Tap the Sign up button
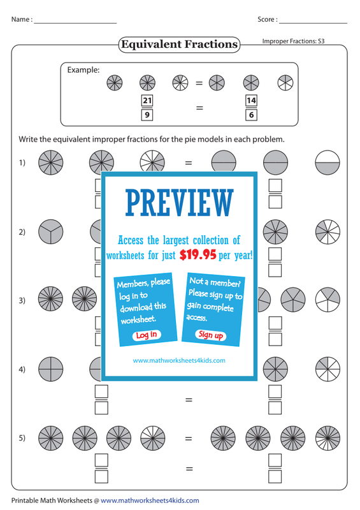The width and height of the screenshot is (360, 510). click(x=211, y=335)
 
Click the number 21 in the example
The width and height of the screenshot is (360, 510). click(x=147, y=100)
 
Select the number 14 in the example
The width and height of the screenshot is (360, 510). click(x=251, y=100)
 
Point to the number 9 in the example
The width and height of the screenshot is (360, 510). click(x=147, y=115)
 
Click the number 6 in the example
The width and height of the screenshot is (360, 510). click(x=251, y=115)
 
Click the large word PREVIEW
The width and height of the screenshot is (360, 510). click(x=180, y=203)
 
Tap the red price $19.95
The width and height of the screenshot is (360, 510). click(x=198, y=255)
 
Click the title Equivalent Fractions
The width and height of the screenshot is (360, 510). click(x=179, y=44)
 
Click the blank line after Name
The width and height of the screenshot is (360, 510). click(x=75, y=23)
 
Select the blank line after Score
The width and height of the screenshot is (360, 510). click(x=313, y=23)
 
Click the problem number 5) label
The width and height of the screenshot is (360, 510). click(x=22, y=438)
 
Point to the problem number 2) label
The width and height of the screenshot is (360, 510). click(x=22, y=232)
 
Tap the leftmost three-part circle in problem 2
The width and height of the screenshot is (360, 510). click(x=51, y=231)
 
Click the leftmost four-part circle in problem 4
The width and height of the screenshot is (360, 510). click(x=51, y=369)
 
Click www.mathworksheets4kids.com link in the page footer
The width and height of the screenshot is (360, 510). click(x=150, y=500)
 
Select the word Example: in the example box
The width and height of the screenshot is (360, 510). click(x=83, y=70)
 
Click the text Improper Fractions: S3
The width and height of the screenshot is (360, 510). click(x=293, y=41)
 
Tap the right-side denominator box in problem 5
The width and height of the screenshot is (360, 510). click(x=275, y=476)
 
